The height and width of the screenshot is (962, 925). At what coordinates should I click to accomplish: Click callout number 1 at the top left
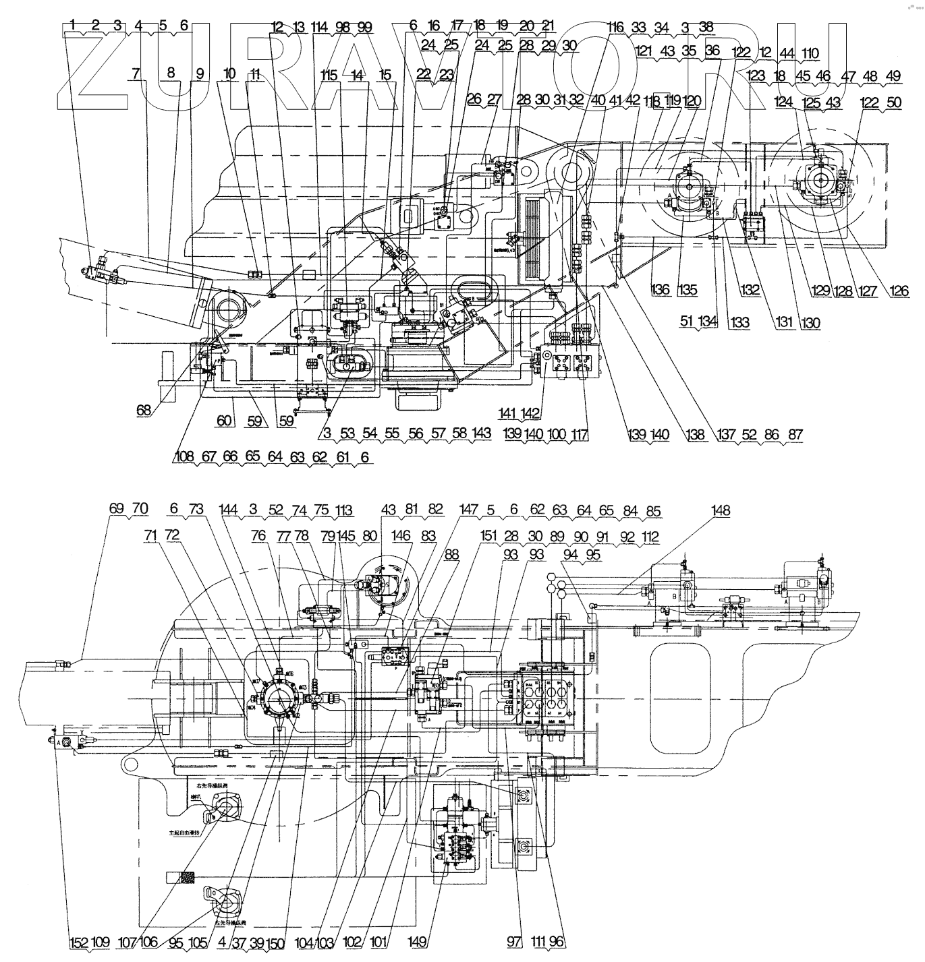pos(73,26)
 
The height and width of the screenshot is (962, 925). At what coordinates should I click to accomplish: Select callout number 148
pos(721,511)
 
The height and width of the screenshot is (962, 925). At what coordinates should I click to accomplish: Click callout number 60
pos(224,421)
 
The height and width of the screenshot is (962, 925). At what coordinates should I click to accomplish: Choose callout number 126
pos(899,291)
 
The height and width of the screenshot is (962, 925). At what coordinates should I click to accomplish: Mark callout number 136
pos(662,290)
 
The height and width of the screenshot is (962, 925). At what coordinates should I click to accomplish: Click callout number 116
pos(615,28)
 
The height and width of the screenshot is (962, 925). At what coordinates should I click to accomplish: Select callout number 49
pos(893,76)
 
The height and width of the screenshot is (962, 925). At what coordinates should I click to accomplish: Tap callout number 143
pos(482,433)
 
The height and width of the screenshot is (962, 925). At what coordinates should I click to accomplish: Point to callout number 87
pos(795,435)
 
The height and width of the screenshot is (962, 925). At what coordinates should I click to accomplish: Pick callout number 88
pos(451,553)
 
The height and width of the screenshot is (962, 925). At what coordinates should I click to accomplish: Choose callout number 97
pos(515,942)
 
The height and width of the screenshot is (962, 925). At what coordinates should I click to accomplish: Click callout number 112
pos(650,537)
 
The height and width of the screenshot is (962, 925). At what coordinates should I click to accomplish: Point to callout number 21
pos(548,26)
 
